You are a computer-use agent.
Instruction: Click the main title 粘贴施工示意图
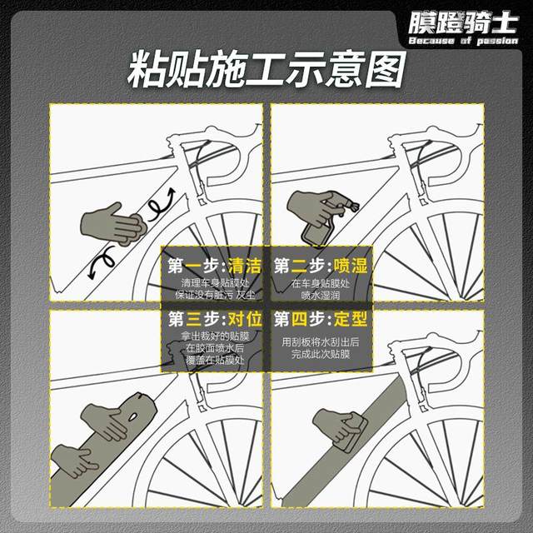point(266,70)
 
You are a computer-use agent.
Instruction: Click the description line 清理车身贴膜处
point(213,284)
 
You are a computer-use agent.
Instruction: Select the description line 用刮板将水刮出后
point(320,341)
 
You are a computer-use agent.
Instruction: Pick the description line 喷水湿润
point(320,295)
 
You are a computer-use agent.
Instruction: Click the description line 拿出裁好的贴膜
point(213,336)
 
